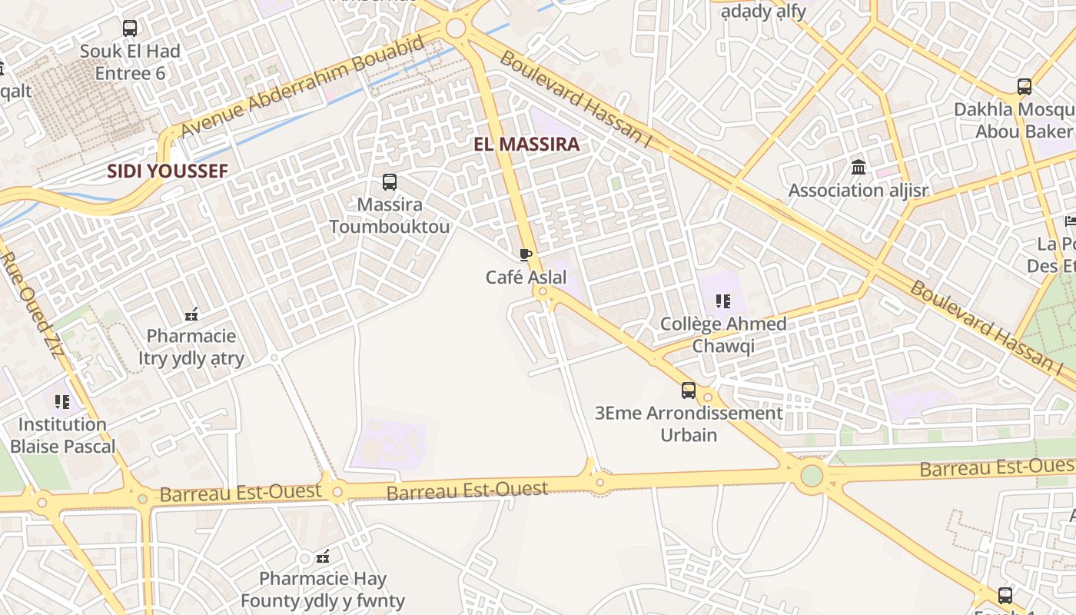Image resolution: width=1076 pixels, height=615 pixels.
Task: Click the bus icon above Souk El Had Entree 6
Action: point(130,28)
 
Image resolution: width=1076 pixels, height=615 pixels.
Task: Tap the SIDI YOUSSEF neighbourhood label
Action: point(168,171)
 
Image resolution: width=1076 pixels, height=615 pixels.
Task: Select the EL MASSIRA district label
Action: point(526,145)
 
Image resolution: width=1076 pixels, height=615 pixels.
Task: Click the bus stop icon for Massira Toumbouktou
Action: point(390,182)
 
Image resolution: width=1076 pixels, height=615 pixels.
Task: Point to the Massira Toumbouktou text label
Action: point(390,216)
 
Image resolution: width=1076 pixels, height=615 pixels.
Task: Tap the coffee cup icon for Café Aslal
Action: point(526,254)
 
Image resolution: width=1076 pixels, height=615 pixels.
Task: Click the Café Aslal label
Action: point(526,278)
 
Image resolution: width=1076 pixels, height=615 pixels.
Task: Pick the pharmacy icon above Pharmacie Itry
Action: point(191,314)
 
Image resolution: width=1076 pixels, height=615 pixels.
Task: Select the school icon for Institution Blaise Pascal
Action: point(62,401)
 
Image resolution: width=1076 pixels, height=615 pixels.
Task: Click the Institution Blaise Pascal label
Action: point(62,435)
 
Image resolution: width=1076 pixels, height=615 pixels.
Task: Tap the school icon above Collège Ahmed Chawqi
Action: point(722,301)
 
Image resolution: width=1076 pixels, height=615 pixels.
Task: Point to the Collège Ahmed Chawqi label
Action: point(723,335)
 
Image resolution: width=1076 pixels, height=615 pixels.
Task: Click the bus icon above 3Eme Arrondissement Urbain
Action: point(689,391)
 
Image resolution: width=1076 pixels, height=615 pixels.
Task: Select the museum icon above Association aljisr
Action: point(858,167)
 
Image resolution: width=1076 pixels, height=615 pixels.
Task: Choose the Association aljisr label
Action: point(858,191)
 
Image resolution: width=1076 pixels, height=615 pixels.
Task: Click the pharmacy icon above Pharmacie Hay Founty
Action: point(323,556)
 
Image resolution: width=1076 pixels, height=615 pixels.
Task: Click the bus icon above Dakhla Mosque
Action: point(1025,87)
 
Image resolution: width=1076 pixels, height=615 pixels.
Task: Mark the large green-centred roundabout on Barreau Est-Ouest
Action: point(812,476)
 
